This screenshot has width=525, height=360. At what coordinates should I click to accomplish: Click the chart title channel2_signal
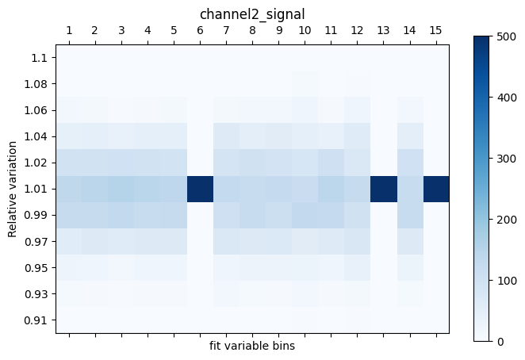click(x=252, y=13)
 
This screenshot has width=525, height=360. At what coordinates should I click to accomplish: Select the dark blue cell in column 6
click(x=200, y=189)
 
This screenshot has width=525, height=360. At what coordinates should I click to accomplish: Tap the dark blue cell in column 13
click(x=383, y=189)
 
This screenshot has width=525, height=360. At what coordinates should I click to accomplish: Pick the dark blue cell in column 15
click(x=435, y=189)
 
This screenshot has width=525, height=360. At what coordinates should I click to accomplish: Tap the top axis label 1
click(x=69, y=30)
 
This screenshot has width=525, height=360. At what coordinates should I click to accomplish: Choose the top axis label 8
click(x=252, y=30)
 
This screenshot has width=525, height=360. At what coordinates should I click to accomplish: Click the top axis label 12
click(x=357, y=30)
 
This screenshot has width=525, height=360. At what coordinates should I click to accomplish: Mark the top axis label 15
click(x=435, y=30)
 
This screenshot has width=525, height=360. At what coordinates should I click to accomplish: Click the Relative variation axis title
click(x=12, y=189)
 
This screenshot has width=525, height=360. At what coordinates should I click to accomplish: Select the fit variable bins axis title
click(x=252, y=346)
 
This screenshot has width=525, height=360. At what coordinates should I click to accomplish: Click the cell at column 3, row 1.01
click(x=121, y=189)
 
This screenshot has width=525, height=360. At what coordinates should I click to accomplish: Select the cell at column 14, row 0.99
click(x=409, y=215)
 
